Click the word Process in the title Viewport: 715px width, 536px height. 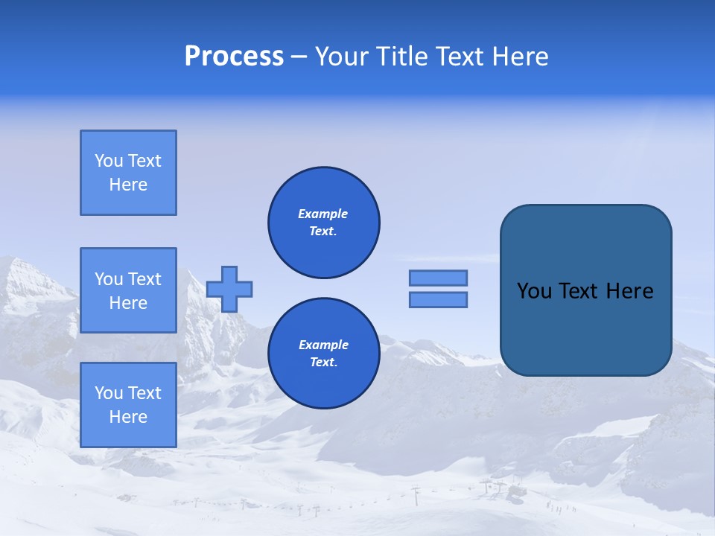pyautogui.click(x=234, y=57)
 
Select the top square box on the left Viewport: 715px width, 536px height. pyautogui.click(x=128, y=173)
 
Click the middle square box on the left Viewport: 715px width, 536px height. pyautogui.click(x=128, y=290)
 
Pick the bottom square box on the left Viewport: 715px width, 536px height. pyautogui.click(x=128, y=405)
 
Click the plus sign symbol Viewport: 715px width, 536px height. pyautogui.click(x=229, y=289)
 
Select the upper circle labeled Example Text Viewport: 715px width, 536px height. pyautogui.click(x=324, y=223)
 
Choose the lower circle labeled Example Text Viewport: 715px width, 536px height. pyautogui.click(x=324, y=354)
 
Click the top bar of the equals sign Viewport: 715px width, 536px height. pyautogui.click(x=439, y=278)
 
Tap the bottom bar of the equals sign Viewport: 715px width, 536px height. pyautogui.click(x=439, y=300)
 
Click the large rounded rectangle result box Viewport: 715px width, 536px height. pyautogui.click(x=585, y=290)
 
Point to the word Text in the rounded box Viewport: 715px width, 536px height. pyautogui.click(x=579, y=291)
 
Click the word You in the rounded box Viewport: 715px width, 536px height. pyautogui.click(x=534, y=291)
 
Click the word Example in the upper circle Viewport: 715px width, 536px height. pyautogui.click(x=323, y=214)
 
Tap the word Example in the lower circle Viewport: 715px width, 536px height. pyautogui.click(x=323, y=345)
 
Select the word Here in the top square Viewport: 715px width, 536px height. pyautogui.click(x=128, y=185)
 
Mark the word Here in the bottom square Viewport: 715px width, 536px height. pyautogui.click(x=128, y=417)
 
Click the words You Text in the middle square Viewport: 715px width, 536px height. pyautogui.click(x=128, y=279)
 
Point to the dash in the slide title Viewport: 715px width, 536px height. pyautogui.click(x=299, y=57)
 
